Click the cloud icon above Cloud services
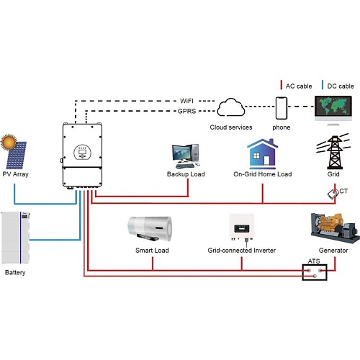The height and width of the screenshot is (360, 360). tap(231, 107)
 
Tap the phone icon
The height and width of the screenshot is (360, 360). tap(282, 108)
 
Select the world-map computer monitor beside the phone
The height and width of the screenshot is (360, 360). tap(333, 110)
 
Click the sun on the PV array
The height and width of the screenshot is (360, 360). tap(9, 142)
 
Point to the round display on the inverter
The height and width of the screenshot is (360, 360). tap(82, 152)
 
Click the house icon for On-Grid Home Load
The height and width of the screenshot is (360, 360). tap(263, 154)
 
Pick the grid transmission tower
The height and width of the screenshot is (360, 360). tap(334, 152)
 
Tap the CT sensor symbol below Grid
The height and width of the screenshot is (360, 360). tap(333, 194)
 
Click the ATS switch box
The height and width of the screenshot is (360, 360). tap(315, 272)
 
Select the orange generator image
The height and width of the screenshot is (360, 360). tap(336, 228)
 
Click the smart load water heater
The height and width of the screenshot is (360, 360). tap(150, 228)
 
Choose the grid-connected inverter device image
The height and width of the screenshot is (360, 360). tap(242, 228)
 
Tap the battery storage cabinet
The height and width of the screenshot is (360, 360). tap(15, 238)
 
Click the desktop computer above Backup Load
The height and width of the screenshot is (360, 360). tap(186, 156)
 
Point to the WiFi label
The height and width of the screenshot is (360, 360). tap(186, 101)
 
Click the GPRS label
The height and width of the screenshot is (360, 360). tap(186, 111)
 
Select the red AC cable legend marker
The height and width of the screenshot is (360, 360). tap(281, 85)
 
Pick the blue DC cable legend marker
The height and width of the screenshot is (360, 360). tap(323, 85)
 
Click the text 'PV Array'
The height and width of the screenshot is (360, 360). tap(15, 174)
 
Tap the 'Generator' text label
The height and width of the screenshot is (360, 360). tap(333, 251)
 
